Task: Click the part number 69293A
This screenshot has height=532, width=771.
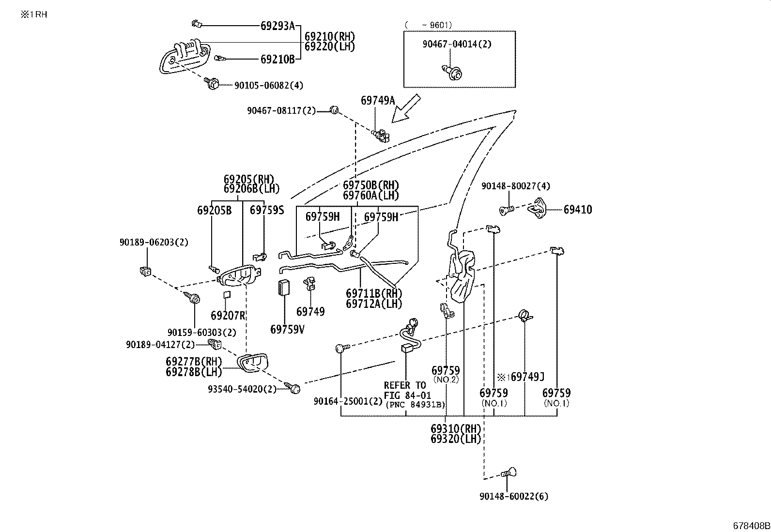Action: tap(278, 26)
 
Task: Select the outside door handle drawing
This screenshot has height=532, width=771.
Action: tap(184, 56)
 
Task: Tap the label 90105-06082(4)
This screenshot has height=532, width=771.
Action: tap(269, 85)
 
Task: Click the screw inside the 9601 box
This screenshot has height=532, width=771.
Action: tap(452, 72)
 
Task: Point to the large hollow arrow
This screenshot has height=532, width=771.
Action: tap(406, 108)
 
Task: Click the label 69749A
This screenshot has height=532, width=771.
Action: tap(378, 100)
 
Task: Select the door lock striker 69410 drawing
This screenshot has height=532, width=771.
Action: tap(537, 208)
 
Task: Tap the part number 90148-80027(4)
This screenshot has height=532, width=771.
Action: tap(516, 186)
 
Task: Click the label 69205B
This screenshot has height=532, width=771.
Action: tap(214, 210)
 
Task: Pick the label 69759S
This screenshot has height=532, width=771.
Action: tap(267, 210)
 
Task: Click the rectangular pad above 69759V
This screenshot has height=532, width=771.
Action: tap(284, 288)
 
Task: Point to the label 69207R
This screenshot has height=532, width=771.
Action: tap(228, 315)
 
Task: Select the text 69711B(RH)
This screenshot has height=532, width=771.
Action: tap(374, 293)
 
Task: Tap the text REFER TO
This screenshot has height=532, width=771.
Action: tap(405, 385)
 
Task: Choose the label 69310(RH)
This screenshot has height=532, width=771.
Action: tap(455, 429)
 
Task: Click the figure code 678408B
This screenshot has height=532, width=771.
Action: tap(751, 526)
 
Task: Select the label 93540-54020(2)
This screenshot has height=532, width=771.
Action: tap(242, 389)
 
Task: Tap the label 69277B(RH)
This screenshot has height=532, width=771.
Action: tap(194, 362)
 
